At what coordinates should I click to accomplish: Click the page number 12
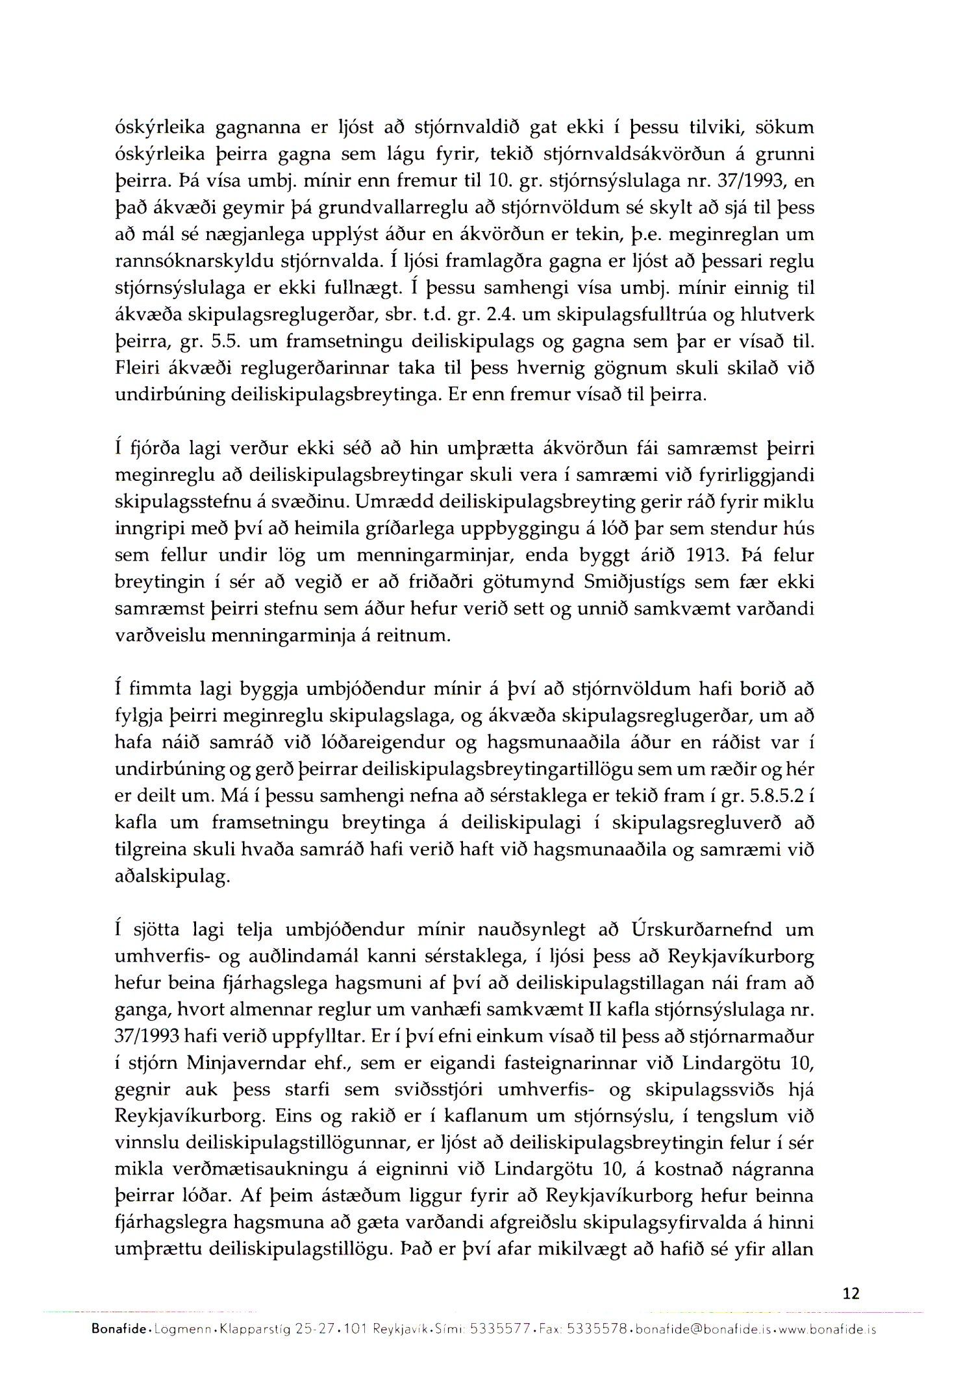pos(851,1293)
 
